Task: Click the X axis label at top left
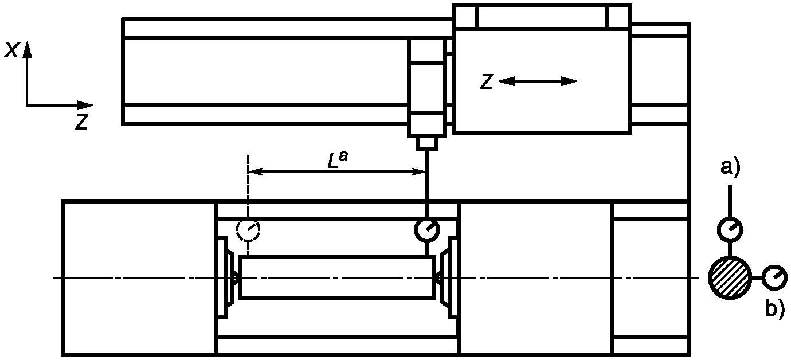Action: coord(10,50)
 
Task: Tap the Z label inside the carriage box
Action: coord(487,82)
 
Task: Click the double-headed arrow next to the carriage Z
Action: coord(538,81)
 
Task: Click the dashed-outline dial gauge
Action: coord(248,230)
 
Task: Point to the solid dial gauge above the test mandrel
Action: coord(427,230)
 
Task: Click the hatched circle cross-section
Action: coord(729,277)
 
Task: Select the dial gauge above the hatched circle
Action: coord(730,229)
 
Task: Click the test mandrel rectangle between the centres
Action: coord(336,278)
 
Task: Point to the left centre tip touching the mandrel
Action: coord(236,278)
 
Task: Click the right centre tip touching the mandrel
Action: coord(437,278)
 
